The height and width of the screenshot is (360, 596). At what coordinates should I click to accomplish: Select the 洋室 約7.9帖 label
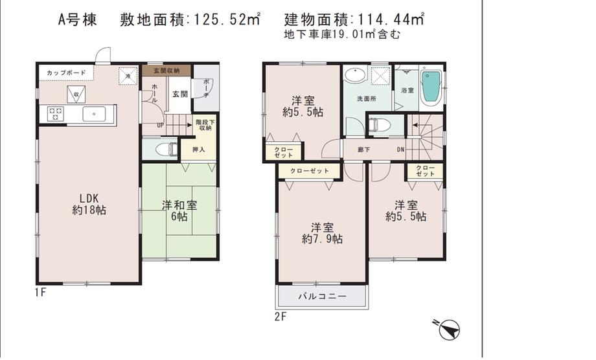[x=322, y=233]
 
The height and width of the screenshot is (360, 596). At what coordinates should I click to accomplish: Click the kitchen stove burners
[x=56, y=115]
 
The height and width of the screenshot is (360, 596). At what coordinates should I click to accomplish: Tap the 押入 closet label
[x=198, y=150]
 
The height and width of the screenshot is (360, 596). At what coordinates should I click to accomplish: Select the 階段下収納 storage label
[x=203, y=125]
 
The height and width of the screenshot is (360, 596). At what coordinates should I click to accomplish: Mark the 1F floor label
[x=40, y=293]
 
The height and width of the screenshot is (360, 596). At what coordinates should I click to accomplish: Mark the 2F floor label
[x=280, y=317]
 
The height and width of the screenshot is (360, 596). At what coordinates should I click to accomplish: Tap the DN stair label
[x=400, y=150]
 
